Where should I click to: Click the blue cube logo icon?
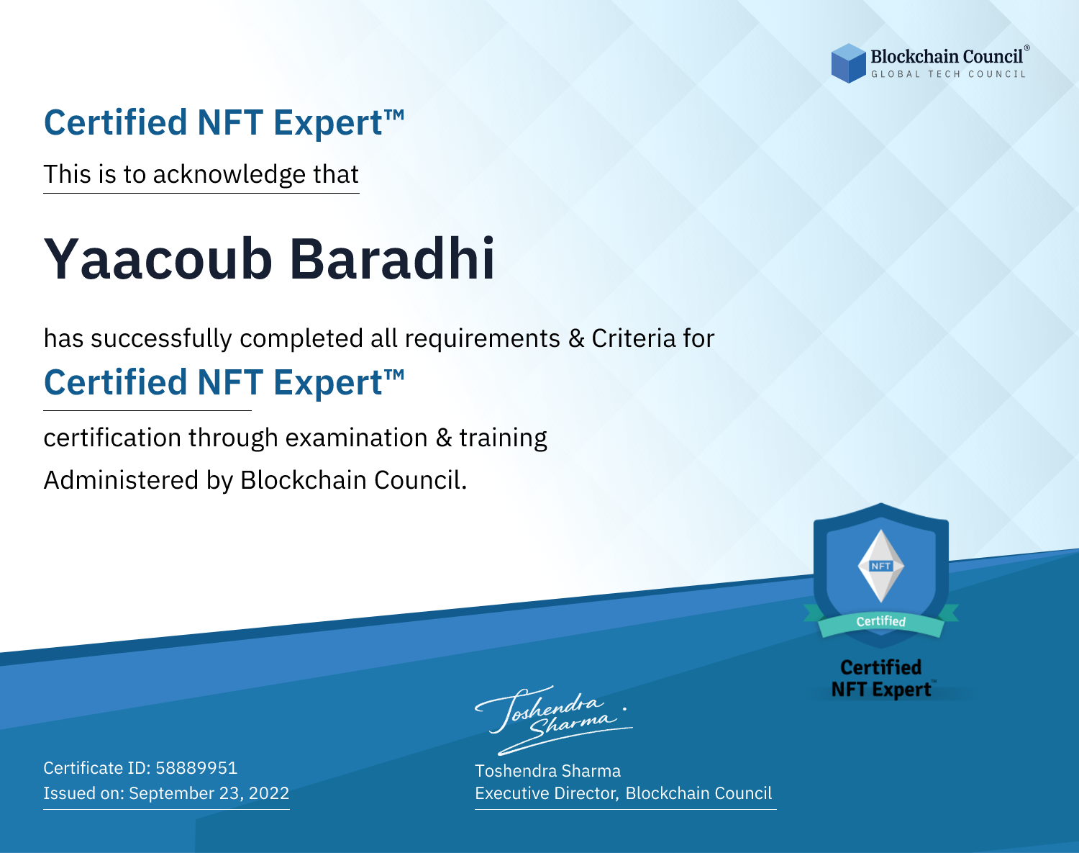tap(848, 63)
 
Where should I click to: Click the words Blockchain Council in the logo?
tap(947, 57)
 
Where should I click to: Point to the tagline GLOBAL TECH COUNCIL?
tap(949, 74)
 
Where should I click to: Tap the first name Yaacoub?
tap(158, 259)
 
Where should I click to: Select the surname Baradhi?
tap(393, 258)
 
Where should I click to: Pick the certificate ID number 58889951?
tap(196, 767)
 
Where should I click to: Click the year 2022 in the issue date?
tap(269, 793)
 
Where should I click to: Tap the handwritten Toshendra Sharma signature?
tap(553, 721)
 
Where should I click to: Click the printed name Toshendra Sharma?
tap(547, 771)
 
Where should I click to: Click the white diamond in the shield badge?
tap(881, 566)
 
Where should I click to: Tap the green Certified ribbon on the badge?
tap(881, 622)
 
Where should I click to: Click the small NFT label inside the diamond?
tap(881, 566)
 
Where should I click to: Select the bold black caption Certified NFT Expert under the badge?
tap(881, 679)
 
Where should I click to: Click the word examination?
tap(357, 438)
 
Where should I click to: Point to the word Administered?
tap(121, 479)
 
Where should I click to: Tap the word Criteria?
tap(633, 338)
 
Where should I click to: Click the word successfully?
tap(161, 339)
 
